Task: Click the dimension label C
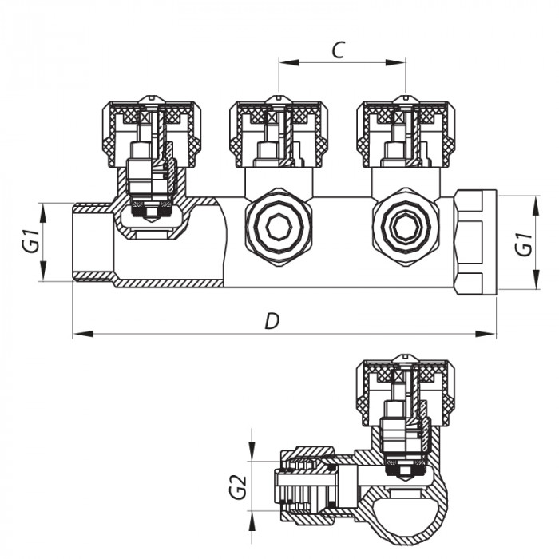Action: pyautogui.click(x=338, y=50)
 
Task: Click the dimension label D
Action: pyautogui.click(x=272, y=321)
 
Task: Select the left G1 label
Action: pyautogui.click(x=30, y=241)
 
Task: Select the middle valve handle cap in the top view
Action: pyautogui.click(x=276, y=128)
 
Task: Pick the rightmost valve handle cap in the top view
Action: pyautogui.click(x=404, y=128)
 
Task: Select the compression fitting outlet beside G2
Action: pyautogui.click(x=307, y=486)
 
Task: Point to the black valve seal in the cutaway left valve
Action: pyautogui.click(x=149, y=212)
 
